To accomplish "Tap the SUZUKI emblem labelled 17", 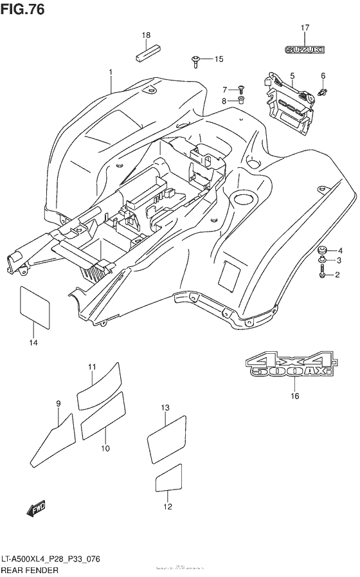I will pos(305,49).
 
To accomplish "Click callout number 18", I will pos(146,35).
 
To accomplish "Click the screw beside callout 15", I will pos(195,61).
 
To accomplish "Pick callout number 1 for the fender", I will pos(111,72).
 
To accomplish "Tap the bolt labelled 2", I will pos(320,275).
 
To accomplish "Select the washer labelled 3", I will pos(321,260).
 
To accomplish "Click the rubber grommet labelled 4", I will pos(323,250).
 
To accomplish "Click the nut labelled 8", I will pos(242,100).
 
